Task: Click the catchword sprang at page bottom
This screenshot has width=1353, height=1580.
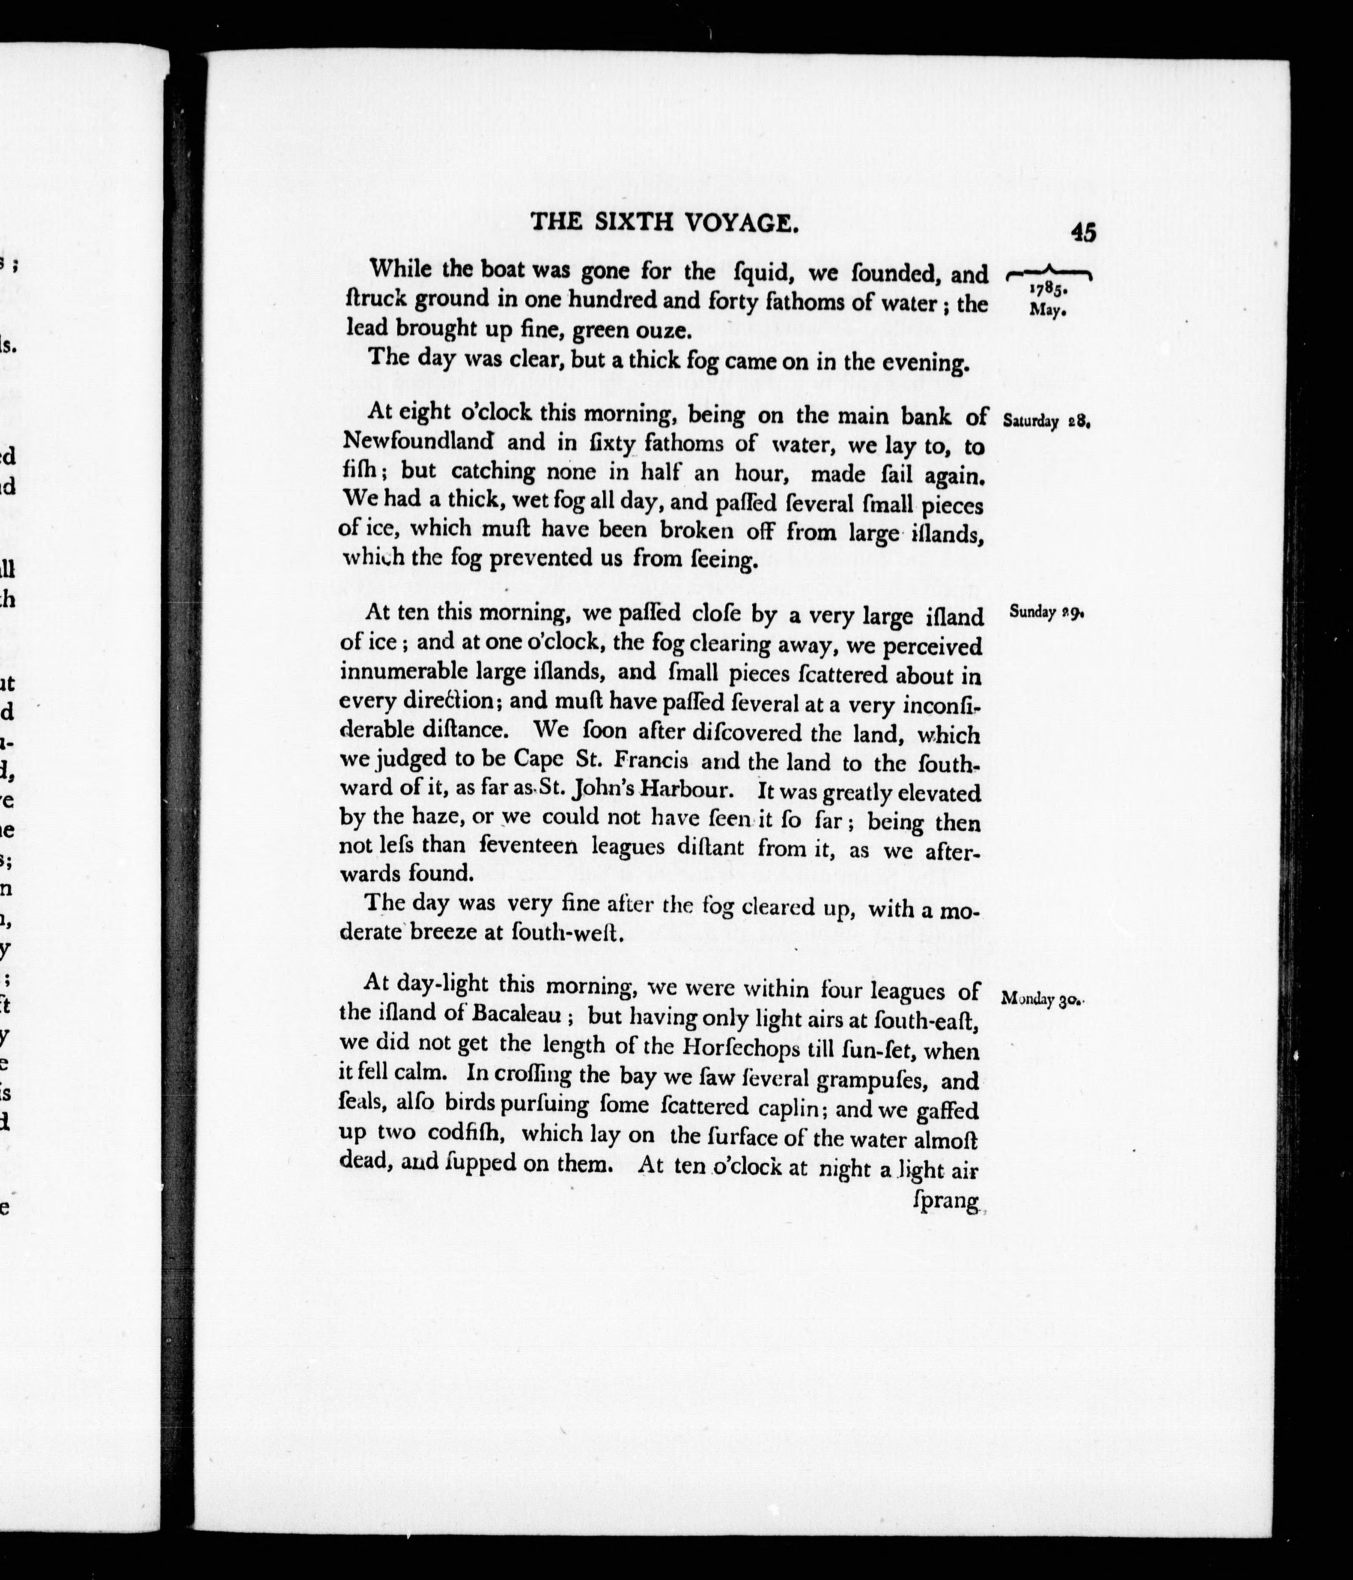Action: coord(945,1203)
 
